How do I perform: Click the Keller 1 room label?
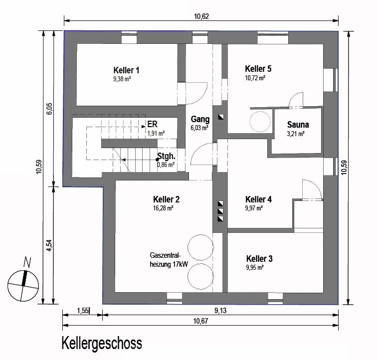click(x=126, y=70)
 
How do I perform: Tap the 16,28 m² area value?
click(x=163, y=208)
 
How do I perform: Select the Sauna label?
click(x=298, y=125)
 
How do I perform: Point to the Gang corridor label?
click(x=200, y=119)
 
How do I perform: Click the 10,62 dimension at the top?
click(x=201, y=16)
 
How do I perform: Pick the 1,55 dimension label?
click(x=83, y=311)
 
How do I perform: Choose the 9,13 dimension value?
click(x=220, y=311)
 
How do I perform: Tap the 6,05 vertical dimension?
click(x=49, y=109)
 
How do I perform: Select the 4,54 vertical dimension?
click(x=49, y=245)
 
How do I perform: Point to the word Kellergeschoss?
click(x=102, y=344)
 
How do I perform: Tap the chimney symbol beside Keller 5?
click(x=221, y=117)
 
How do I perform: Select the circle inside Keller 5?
click(x=260, y=122)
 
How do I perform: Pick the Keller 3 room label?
click(x=259, y=259)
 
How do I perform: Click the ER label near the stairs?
click(x=153, y=124)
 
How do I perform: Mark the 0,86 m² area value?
click(x=166, y=165)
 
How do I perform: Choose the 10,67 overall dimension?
click(x=200, y=321)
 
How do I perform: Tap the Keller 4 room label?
click(x=258, y=199)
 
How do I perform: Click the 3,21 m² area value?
click(x=296, y=134)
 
